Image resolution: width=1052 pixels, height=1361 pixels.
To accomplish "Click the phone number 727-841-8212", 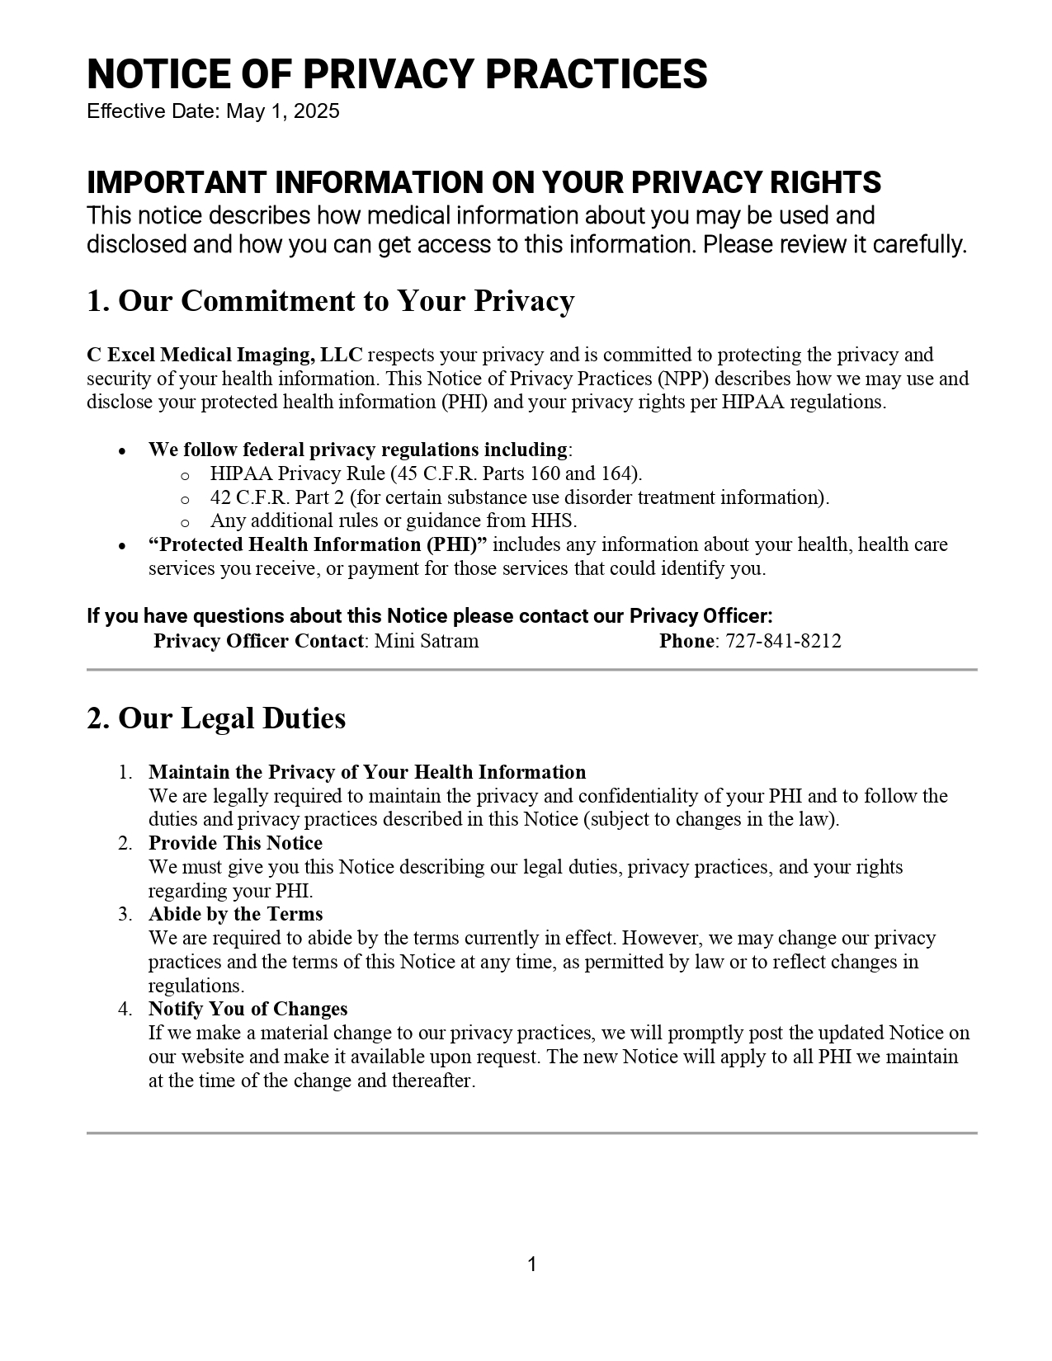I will click(783, 641).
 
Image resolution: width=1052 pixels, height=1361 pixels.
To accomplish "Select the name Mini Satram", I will click(427, 641).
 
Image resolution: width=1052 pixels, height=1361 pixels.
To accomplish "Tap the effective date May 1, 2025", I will click(283, 111).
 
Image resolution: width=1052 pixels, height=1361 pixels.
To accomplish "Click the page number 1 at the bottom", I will click(532, 1264).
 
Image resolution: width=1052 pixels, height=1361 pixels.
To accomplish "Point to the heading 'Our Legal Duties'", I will click(232, 718).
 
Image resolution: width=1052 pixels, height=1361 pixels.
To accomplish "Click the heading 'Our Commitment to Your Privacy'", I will click(346, 301).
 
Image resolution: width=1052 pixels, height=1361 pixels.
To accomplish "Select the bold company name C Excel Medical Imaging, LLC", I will click(224, 355).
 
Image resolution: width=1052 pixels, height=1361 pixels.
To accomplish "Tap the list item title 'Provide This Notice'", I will click(235, 843).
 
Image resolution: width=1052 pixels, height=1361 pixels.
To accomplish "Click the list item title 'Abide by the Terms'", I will click(235, 914).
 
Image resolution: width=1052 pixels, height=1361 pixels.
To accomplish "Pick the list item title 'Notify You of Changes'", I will click(248, 1009).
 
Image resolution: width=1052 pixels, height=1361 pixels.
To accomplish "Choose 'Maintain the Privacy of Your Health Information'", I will click(367, 772).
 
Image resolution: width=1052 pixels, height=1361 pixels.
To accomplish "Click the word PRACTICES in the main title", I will click(596, 74).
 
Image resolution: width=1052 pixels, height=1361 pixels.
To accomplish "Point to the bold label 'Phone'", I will click(686, 641).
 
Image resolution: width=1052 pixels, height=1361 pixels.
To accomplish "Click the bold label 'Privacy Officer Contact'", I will click(258, 641).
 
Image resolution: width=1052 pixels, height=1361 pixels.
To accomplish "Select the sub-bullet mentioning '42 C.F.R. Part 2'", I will click(520, 497).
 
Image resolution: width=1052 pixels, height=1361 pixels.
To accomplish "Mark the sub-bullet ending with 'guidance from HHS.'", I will click(394, 520).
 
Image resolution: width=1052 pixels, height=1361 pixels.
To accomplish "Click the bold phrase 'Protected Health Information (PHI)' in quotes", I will click(318, 544).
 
